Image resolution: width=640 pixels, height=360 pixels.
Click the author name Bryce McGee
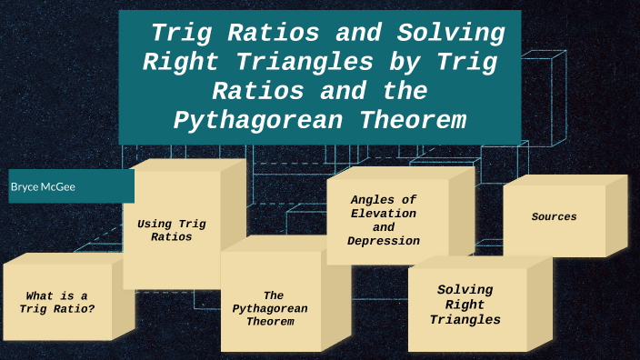pyautogui.click(x=43, y=186)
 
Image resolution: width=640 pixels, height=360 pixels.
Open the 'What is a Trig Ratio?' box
pyautogui.click(x=57, y=302)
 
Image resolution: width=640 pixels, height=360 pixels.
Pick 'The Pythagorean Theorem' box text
pyautogui.click(x=270, y=308)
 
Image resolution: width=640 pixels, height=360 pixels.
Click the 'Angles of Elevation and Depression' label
pyautogui.click(x=384, y=220)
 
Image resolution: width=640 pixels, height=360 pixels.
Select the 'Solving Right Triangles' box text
pyautogui.click(x=465, y=305)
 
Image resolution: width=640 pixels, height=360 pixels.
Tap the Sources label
pyautogui.click(x=554, y=217)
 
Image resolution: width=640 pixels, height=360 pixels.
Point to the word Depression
pyautogui.click(x=384, y=241)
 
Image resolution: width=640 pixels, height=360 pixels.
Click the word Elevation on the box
pyautogui.click(x=384, y=213)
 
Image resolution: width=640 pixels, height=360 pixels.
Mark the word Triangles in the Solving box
pyautogui.click(x=465, y=320)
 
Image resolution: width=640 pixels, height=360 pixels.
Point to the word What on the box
pyautogui.click(x=45, y=295)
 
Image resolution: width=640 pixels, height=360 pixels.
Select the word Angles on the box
pyautogui.click(x=384, y=199)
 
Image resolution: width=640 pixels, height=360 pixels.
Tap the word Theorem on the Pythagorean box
pyautogui.click(x=270, y=322)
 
